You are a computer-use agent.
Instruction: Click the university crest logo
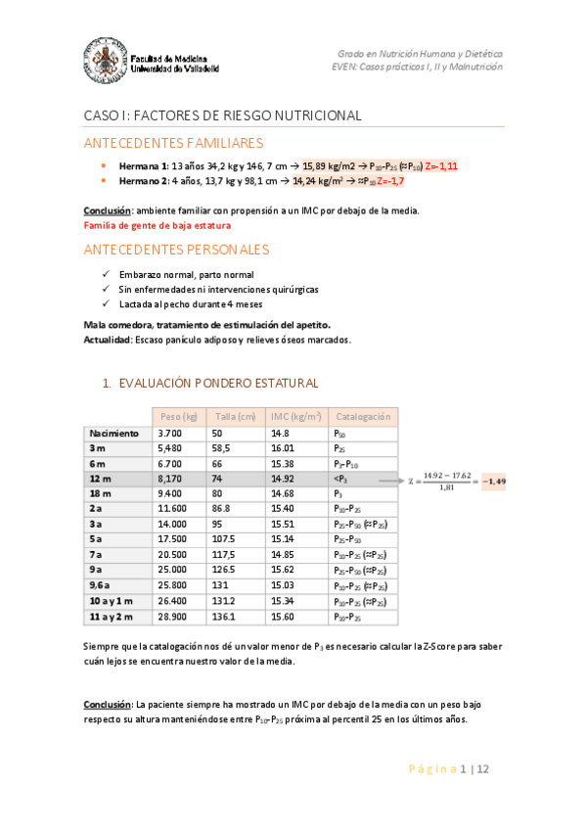(x=106, y=58)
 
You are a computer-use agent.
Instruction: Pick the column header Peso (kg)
(x=179, y=416)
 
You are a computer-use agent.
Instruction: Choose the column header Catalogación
(x=362, y=416)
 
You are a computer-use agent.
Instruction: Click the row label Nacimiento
(x=113, y=433)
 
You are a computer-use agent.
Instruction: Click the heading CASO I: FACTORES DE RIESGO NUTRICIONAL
(x=222, y=115)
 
